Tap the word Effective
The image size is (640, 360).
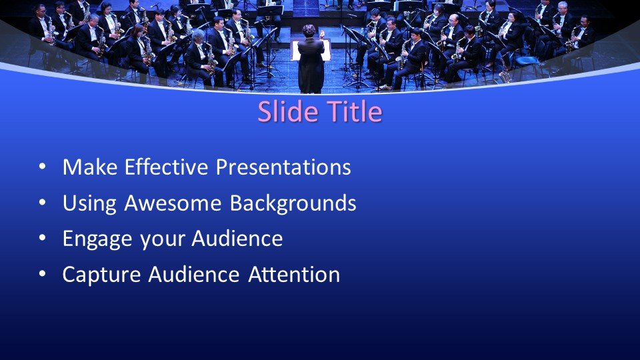click(162, 167)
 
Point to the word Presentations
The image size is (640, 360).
click(283, 167)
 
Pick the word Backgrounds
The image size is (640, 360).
click(293, 203)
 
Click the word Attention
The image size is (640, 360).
click(294, 274)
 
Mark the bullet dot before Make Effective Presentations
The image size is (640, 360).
click(43, 168)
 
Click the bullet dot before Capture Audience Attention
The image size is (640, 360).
click(43, 275)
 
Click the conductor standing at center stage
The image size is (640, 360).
click(311, 63)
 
